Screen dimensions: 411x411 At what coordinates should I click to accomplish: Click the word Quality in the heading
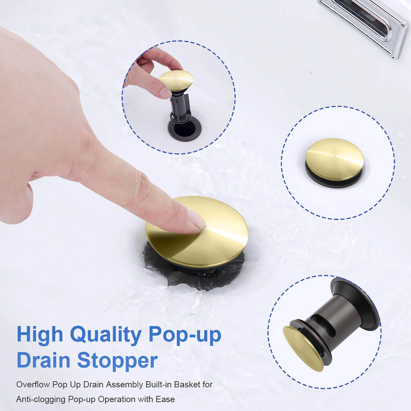click(105, 335)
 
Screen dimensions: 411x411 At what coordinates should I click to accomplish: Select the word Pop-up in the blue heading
click(185, 335)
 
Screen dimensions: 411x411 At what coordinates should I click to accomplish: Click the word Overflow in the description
click(33, 384)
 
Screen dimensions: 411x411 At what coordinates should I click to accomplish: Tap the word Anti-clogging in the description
click(41, 399)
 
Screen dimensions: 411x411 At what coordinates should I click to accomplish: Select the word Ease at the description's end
click(165, 399)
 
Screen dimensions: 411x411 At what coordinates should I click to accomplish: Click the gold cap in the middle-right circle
click(335, 159)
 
